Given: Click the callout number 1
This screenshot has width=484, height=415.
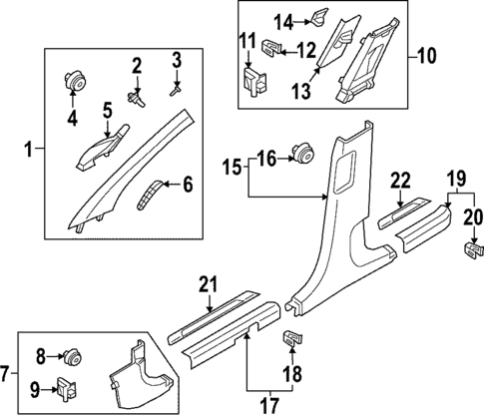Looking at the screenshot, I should pos(28,151).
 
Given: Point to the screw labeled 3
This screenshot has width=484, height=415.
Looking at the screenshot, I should pos(174,88).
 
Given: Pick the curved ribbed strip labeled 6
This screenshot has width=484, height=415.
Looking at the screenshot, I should pos(149,193).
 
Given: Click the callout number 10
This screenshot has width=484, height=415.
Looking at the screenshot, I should pos(427,57).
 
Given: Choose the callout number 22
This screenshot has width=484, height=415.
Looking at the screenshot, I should pos(400,180).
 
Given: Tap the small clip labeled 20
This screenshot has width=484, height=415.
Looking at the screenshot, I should pos(470,245).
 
